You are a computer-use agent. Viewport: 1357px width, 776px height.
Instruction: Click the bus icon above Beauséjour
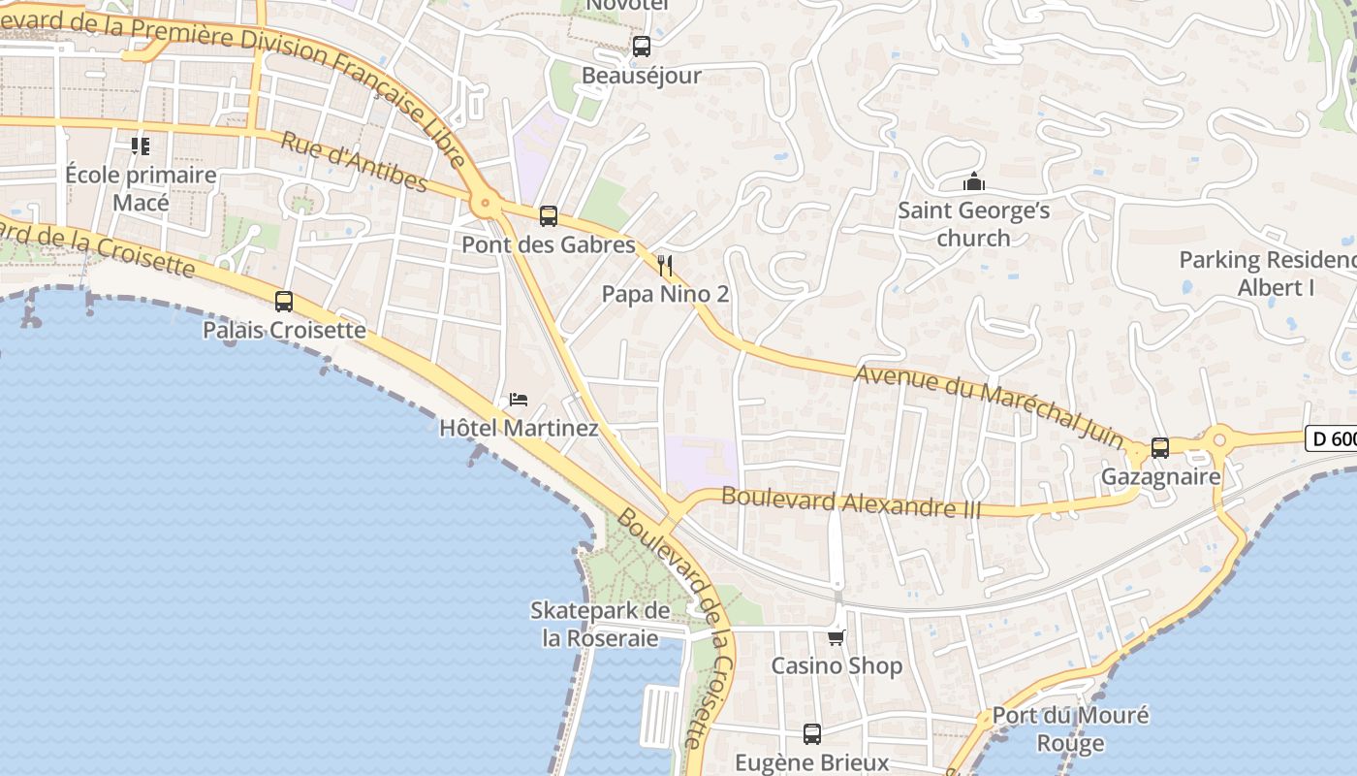[x=641, y=46]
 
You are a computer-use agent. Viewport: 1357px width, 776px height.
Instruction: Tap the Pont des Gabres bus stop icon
[x=549, y=216]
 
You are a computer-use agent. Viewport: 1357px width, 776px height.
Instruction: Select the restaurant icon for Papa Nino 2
[x=665, y=265]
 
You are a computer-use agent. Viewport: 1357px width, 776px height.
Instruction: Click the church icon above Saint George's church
[x=973, y=181]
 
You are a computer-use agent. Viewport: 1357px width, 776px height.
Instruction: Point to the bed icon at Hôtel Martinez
[x=519, y=399]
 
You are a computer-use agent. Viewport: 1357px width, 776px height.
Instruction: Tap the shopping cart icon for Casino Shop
[x=836, y=637]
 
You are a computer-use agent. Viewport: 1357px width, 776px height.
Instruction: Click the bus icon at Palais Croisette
[x=284, y=302]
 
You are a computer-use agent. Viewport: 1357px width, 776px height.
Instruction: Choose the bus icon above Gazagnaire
[x=1160, y=448]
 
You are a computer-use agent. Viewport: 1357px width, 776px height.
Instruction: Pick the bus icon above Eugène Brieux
[x=812, y=734]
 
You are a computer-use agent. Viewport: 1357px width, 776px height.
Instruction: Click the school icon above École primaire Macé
[x=141, y=146]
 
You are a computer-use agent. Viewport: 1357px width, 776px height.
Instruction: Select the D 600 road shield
[x=1332, y=438]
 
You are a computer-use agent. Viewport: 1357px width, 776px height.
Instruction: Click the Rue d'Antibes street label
[x=354, y=161]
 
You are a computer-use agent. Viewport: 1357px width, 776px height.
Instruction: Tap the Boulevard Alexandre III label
[x=851, y=501]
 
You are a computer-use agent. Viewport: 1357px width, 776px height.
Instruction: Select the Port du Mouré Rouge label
[x=1070, y=729]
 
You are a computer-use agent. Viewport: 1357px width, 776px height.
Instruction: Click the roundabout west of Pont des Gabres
[x=484, y=205]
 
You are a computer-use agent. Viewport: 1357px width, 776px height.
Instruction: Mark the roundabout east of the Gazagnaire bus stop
[x=1219, y=440]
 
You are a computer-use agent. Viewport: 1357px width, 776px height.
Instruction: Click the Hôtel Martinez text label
[x=519, y=428]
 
